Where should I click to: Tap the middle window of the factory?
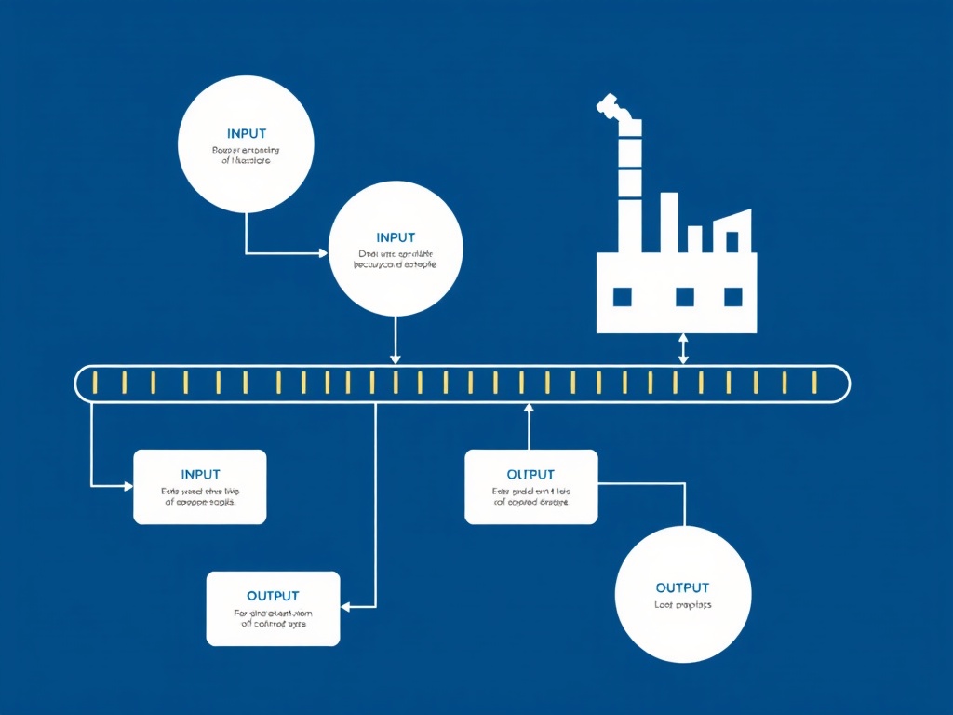[685, 297]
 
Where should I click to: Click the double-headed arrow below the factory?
[684, 349]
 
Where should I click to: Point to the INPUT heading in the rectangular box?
[201, 475]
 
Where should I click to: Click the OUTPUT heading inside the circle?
[682, 587]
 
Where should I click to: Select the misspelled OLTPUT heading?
[530, 475]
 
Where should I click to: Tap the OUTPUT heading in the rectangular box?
[273, 596]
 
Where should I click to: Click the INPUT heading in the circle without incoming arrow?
[246, 134]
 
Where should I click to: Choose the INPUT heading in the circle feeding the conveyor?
[396, 237]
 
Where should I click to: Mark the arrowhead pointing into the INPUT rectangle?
[128, 485]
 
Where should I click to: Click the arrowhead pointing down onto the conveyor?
[396, 358]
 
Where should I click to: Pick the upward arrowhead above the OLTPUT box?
[529, 407]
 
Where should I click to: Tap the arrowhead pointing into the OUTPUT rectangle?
[345, 607]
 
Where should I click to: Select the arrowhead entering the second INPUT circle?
[323, 252]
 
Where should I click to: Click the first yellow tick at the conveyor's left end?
[95, 383]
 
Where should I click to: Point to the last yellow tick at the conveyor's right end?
[813, 383]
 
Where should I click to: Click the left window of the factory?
[622, 297]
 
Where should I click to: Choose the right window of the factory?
[733, 297]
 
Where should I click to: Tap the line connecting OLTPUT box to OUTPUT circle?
[684, 503]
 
